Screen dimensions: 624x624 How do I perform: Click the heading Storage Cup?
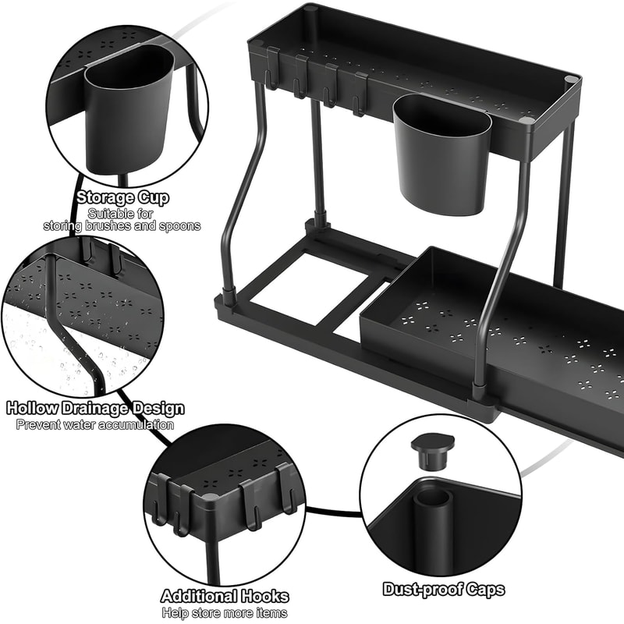coord(122,197)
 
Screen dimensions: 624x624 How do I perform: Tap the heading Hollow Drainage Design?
coord(95,408)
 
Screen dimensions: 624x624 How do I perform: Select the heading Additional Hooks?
coord(225,597)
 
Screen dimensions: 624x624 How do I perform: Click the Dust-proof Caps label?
coord(443,590)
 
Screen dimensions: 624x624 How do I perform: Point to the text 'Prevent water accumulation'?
coord(95,425)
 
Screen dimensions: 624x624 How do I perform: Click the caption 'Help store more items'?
coord(225,614)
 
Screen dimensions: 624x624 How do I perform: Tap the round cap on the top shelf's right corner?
coord(572,80)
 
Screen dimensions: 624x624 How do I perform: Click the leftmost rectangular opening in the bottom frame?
coord(292,289)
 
